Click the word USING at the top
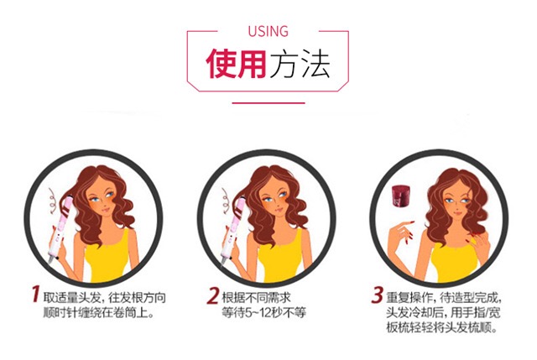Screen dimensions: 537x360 (268, 31)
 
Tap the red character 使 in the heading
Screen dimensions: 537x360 (221, 64)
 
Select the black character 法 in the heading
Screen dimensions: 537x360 (315, 64)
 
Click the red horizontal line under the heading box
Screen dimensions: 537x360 (268, 102)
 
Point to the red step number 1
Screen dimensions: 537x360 (35, 295)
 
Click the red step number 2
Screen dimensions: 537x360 (213, 295)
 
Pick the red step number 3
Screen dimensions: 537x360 (377, 295)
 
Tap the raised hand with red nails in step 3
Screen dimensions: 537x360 (401, 233)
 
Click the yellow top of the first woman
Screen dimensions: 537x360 (107, 257)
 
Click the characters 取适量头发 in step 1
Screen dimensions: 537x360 (72, 298)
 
